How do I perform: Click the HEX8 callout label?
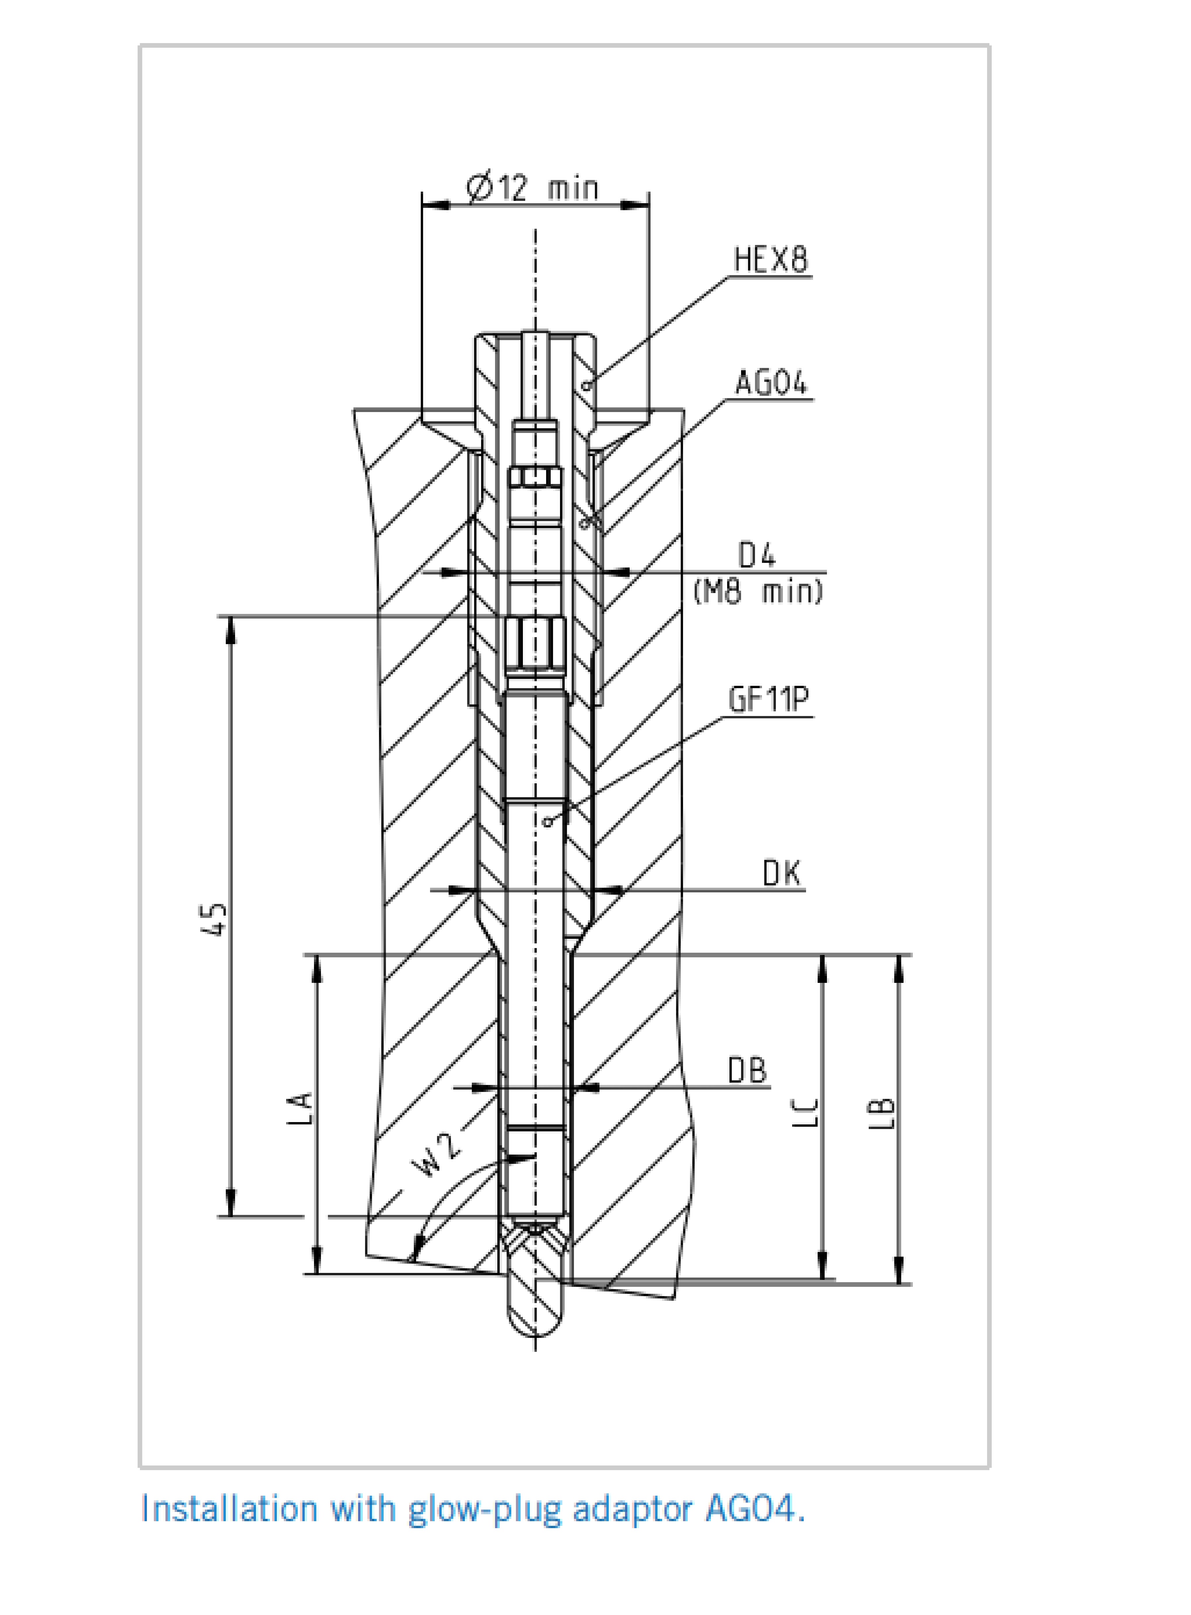coord(771,260)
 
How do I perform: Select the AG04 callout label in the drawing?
coord(771,383)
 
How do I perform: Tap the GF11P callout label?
coord(769,699)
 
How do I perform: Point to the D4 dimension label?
coord(757,556)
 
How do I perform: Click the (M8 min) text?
coord(758,592)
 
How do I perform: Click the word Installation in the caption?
coord(229,1508)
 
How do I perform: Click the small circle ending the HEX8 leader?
coord(587,387)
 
